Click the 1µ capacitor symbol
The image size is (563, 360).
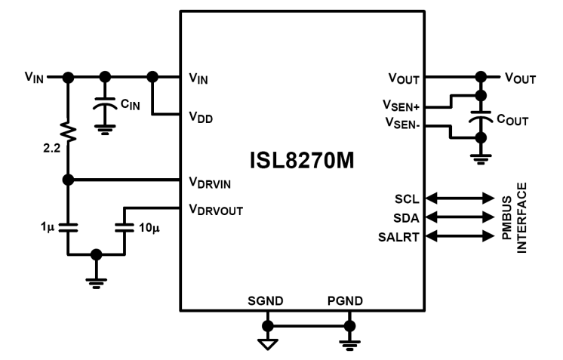pos(69,224)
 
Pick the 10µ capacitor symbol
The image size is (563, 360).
pos(125,224)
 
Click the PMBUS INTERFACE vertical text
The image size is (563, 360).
pos(527,217)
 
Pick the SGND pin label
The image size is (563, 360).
pos(266,301)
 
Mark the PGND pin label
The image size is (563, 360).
pos(346,301)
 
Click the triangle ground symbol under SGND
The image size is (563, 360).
pos(266,343)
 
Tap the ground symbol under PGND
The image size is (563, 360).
pos(349,344)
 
